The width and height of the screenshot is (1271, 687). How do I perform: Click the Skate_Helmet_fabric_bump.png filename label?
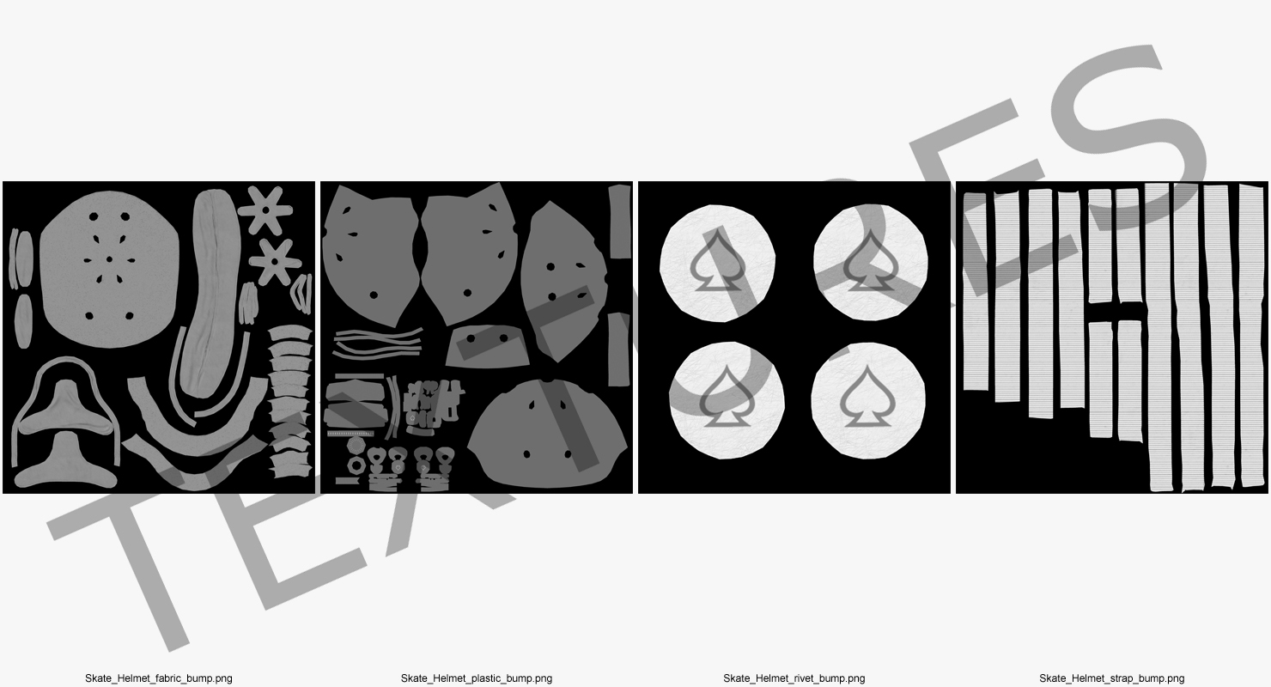pyautogui.click(x=158, y=678)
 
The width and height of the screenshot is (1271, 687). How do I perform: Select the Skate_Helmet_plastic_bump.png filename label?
pyautogui.click(x=476, y=678)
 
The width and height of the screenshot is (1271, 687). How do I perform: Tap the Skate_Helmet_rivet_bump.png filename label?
pyautogui.click(x=794, y=678)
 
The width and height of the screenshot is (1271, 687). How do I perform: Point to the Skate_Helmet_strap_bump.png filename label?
pyautogui.click(x=1111, y=678)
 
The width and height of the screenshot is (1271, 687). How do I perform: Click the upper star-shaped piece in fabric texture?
pyautogui.click(x=265, y=210)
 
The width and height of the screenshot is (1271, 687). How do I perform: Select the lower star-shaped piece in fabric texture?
pyautogui.click(x=275, y=262)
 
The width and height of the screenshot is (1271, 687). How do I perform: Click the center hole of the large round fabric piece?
pyautogui.click(x=110, y=260)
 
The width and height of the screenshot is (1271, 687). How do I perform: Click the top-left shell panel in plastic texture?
pyautogui.click(x=368, y=255)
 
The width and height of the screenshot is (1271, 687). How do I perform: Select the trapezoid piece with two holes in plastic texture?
pyautogui.click(x=487, y=346)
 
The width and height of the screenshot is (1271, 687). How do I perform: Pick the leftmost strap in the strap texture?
pyautogui.click(x=976, y=292)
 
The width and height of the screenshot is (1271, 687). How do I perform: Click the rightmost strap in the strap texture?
pyautogui.click(x=1252, y=335)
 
